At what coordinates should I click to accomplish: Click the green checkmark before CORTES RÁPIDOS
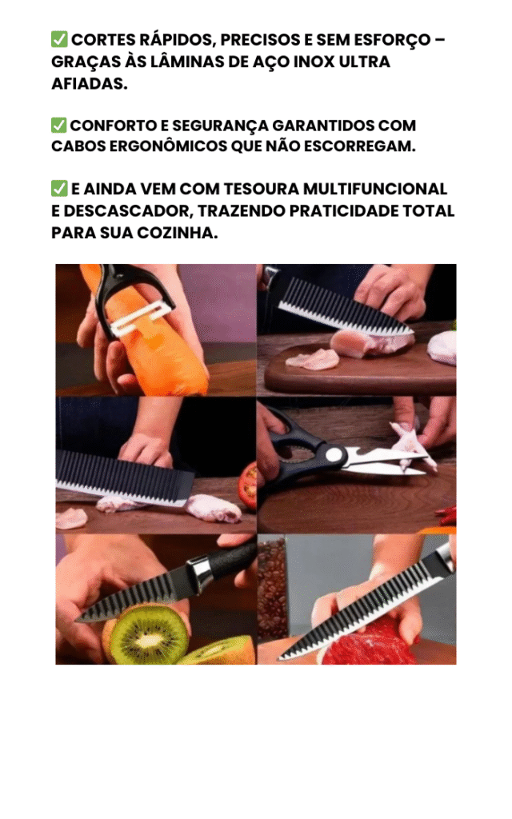(x=59, y=39)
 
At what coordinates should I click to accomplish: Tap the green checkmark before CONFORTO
(x=59, y=126)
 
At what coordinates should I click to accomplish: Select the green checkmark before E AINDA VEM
(x=59, y=189)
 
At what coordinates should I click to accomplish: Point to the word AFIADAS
(x=90, y=83)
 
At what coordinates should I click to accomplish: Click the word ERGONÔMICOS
(x=167, y=146)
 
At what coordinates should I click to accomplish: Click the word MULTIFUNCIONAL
(x=375, y=189)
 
